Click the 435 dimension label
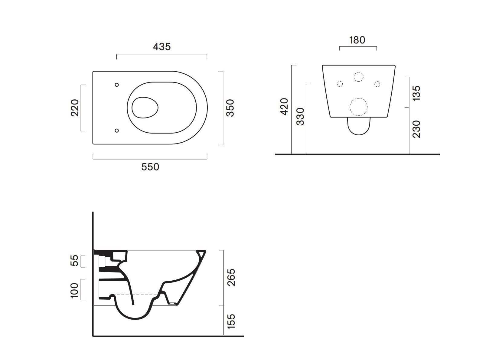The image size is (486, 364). coord(162,47)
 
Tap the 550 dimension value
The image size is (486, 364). coord(150,167)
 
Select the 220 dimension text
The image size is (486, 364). coord(75,108)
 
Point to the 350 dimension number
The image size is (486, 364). coord(230,108)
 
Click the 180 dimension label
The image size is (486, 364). coord(357,40)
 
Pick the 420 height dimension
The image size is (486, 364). coord(284,107)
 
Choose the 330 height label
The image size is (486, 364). coord(300,117)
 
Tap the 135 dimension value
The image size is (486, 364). coord(416,93)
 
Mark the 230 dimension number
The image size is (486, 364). coord(416,129)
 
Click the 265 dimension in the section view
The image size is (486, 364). coord(231,277)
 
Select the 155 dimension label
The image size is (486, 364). coord(231,321)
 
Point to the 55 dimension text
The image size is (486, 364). coord(75,260)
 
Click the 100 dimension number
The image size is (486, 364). coord(75,290)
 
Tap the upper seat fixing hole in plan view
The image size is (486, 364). coord(117,85)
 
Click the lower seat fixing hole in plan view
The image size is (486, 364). coord(117,130)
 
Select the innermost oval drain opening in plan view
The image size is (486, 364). coord(145,108)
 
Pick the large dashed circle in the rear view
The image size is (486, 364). coord(358,107)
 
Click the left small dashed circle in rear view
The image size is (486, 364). coord(340,84)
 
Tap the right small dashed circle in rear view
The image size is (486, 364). coord(377,84)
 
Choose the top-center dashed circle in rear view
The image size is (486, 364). coord(358,77)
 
